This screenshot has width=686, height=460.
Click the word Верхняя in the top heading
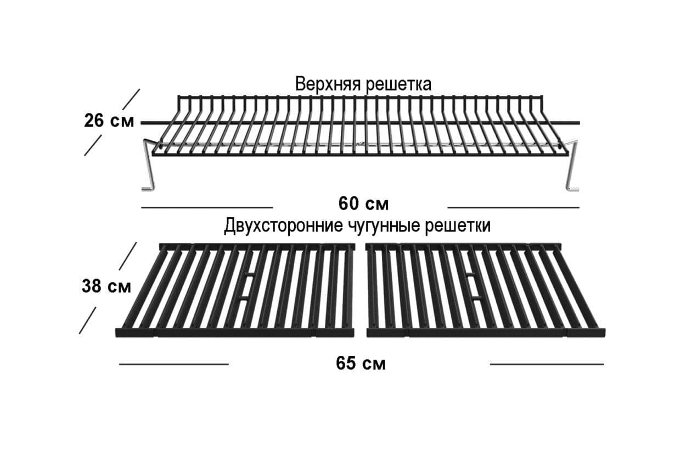pos(328,84)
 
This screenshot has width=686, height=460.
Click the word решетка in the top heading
pos(399,85)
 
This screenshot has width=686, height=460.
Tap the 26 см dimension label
pos(109,121)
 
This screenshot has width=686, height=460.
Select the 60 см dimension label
pos(363,204)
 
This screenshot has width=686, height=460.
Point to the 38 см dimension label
pos(106,287)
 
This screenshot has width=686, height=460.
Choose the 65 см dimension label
pos(361,364)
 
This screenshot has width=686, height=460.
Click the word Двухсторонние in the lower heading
pos(284,226)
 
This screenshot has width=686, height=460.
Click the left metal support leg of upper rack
pos(149,165)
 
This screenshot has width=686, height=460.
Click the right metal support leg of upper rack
pos(571,165)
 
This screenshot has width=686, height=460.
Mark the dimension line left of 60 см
pos(207,207)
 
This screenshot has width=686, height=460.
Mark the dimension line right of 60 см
pos(513,207)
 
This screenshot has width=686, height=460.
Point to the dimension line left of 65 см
pos(173,364)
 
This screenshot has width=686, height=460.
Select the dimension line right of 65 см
pos(547,364)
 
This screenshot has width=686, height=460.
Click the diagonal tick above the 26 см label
pos(131,99)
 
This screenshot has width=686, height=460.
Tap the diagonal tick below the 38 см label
pos(88,320)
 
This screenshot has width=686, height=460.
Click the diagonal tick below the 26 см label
pos(93,146)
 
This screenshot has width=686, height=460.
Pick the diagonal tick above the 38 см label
pos(128,256)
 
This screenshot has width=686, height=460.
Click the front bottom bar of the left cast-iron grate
pos(234,333)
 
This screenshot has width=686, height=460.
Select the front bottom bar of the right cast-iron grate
pos(486,333)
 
